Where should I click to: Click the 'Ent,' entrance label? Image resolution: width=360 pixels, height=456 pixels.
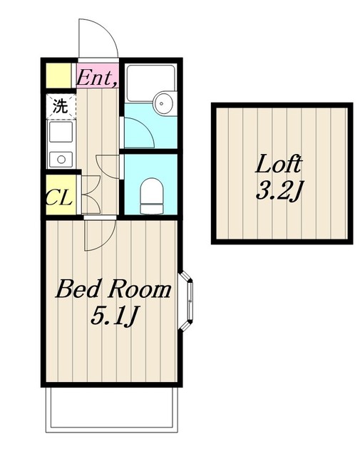(98, 78)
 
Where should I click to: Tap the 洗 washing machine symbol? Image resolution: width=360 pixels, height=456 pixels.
(61, 106)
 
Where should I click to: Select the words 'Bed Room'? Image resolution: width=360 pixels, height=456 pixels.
(113, 289)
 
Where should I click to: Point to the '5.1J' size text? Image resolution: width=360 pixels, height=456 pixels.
(113, 316)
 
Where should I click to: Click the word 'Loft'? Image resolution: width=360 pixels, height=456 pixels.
(279, 164)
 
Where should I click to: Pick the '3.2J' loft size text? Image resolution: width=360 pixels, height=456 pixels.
(278, 190)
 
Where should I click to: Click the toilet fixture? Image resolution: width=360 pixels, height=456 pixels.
(150, 196)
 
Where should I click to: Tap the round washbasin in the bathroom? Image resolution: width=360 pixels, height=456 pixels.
(164, 103)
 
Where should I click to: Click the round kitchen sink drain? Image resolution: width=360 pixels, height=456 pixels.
(61, 160)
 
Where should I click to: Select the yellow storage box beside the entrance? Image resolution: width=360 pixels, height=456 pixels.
(59, 76)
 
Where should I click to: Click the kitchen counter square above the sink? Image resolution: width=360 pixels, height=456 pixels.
(61, 132)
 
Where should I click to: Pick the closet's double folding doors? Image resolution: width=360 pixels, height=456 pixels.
(91, 195)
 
